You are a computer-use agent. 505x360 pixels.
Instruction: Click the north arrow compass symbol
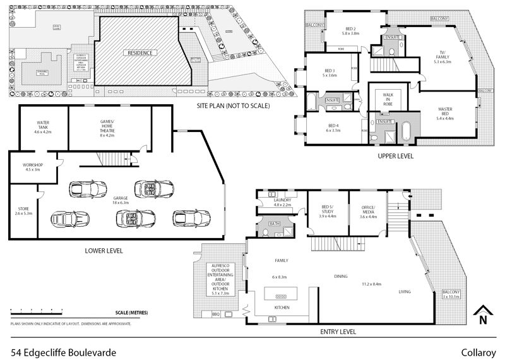483,314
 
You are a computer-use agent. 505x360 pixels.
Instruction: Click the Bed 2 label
352,31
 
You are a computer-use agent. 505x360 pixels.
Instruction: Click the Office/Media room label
367,213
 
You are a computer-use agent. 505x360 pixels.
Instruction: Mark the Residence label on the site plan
140,53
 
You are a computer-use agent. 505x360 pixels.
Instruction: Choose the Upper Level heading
395,155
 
